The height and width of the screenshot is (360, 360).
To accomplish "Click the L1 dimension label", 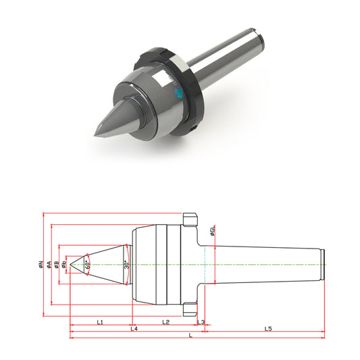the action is tap(100, 322).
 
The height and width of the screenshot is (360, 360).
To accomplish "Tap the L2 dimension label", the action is tap(165, 322).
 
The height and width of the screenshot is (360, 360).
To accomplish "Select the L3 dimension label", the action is tap(201, 322).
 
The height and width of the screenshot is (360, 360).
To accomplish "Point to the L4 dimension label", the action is tap(134, 329).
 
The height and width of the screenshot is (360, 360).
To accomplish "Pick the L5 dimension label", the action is tap(268, 329).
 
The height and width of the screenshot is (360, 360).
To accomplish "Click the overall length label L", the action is tap(190, 336).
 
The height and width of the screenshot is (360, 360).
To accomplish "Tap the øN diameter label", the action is tap(41, 265).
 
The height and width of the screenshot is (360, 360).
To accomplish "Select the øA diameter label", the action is tap(49, 265).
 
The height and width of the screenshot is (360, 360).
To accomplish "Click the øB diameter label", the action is tap(57, 265).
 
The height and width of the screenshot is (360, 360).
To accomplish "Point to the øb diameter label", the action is tap(63, 265).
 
